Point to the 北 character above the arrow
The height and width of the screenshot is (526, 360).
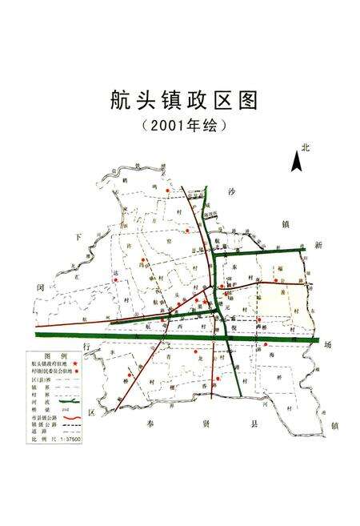306,147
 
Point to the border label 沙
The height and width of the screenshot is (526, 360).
233,193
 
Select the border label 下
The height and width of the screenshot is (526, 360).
78,237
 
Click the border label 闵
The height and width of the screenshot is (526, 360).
38,284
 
